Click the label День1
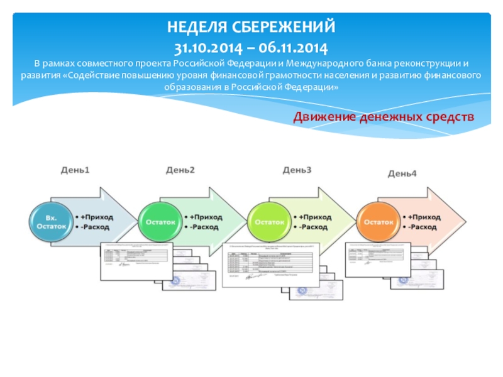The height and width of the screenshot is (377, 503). (x=75, y=170)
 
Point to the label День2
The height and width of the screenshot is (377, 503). (x=180, y=170)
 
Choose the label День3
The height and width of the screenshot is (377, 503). (x=297, y=170)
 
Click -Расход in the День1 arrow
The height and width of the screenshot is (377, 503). (x=94, y=227)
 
